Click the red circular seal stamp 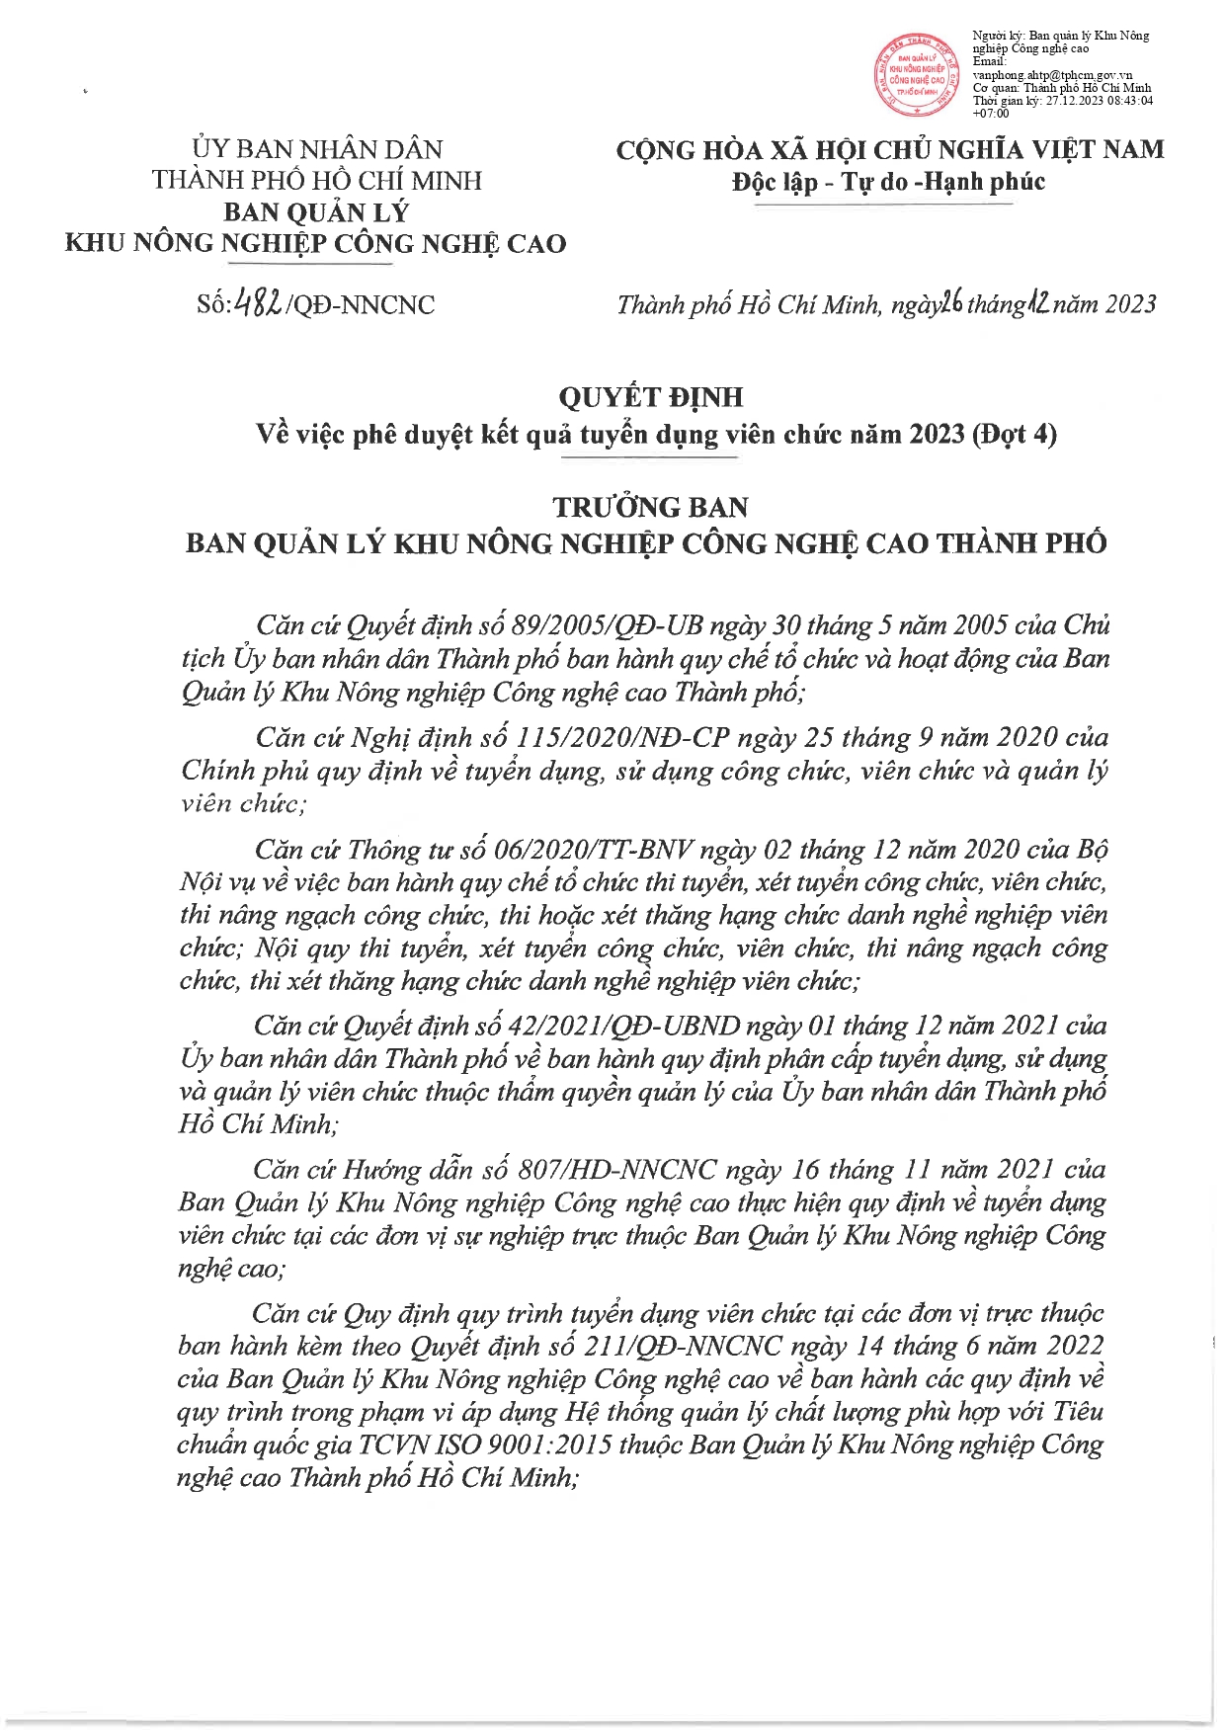915,76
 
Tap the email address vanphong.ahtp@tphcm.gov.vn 1052,75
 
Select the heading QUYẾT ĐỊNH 651,397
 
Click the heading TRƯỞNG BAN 651,507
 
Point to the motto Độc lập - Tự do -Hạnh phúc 888,182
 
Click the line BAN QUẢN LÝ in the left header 316,212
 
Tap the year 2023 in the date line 1130,304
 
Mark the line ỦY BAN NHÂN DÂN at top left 317,149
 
